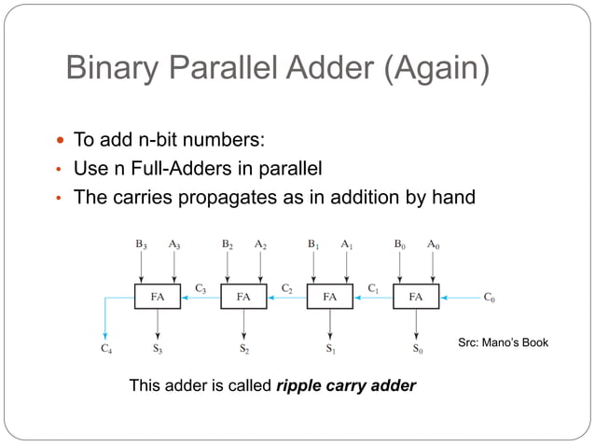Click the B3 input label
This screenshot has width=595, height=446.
[141, 244]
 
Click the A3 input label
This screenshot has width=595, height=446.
[174, 244]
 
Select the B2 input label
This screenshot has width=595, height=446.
[227, 244]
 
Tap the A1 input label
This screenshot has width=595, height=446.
[346, 244]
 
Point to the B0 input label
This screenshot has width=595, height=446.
[399, 244]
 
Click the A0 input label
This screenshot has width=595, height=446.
[433, 244]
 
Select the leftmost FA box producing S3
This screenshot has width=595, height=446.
[158, 298]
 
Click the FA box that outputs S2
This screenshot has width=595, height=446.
[243, 298]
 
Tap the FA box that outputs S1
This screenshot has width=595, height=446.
[329, 298]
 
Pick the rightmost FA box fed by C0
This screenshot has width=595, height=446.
[416, 298]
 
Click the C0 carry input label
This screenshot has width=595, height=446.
[490, 299]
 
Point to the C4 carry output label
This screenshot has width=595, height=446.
[107, 351]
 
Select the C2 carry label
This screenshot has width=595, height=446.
[288, 287]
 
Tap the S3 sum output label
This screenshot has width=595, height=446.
[159, 351]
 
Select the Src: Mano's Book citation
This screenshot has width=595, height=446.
[504, 344]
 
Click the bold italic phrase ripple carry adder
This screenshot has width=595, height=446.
[346, 385]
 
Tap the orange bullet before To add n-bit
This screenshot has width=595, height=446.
[61, 142]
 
